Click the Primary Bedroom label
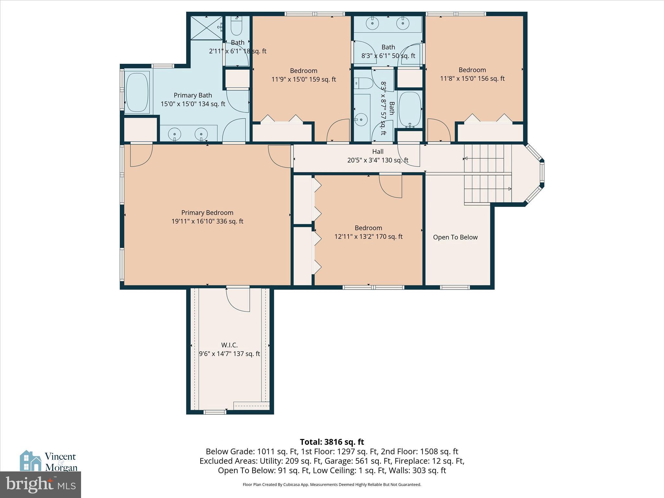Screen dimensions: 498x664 pyautogui.click(x=207, y=213)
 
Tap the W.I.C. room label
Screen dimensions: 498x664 pyautogui.click(x=230, y=345)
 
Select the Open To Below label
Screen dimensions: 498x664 pyautogui.click(x=455, y=237)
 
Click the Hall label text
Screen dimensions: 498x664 pyautogui.click(x=378, y=151)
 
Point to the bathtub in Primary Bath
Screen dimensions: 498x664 pyautogui.click(x=137, y=93)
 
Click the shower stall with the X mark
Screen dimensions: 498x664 pyautogui.click(x=207, y=28)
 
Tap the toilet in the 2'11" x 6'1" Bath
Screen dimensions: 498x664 pyautogui.click(x=236, y=26)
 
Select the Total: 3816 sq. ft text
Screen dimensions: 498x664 pyautogui.click(x=332, y=442)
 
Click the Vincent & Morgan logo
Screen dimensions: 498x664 pyautogui.click(x=49, y=461)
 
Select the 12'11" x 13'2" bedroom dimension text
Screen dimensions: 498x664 pyautogui.click(x=368, y=237)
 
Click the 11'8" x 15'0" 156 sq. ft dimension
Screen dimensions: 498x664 pyautogui.click(x=472, y=78)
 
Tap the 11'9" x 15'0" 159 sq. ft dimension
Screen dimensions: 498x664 pyautogui.click(x=303, y=79)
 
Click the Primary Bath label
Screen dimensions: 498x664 pyautogui.click(x=193, y=95)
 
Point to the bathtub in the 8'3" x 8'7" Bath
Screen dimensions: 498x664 pyautogui.click(x=409, y=109)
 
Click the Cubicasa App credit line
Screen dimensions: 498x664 pyautogui.click(x=332, y=485)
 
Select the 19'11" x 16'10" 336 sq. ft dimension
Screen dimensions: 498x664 pyautogui.click(x=207, y=221)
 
